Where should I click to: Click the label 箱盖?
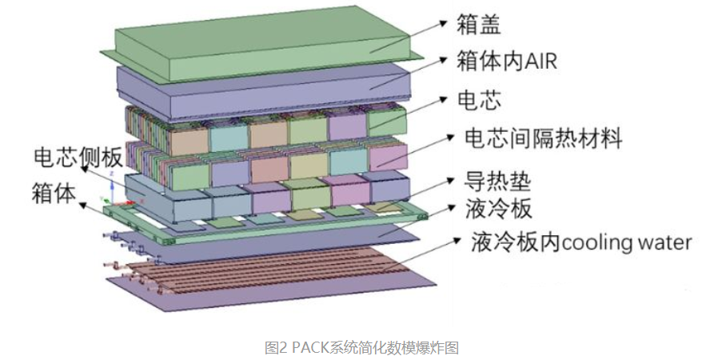pyautogui.click(x=478, y=24)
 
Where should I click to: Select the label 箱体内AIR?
pyautogui.click(x=507, y=61)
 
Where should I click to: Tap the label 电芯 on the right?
pyautogui.click(x=479, y=100)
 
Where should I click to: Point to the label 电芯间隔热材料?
pyautogui.click(x=543, y=138)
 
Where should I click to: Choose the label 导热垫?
pyautogui.click(x=497, y=182)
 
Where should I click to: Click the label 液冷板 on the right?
pyautogui.click(x=498, y=209)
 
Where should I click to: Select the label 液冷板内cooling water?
pyautogui.click(x=581, y=242)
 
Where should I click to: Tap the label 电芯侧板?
pyautogui.click(x=78, y=157)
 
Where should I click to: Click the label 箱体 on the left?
pyautogui.click(x=54, y=192)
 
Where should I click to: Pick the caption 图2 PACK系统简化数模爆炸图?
pyautogui.click(x=361, y=348)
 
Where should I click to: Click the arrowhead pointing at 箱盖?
pyautogui.click(x=444, y=22)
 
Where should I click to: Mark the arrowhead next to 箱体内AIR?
pyautogui.click(x=443, y=60)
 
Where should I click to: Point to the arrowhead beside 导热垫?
pyautogui.click(x=451, y=181)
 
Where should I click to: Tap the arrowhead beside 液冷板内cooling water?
pyautogui.click(x=457, y=240)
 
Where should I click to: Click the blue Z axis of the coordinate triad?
pyautogui.click(x=112, y=186)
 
